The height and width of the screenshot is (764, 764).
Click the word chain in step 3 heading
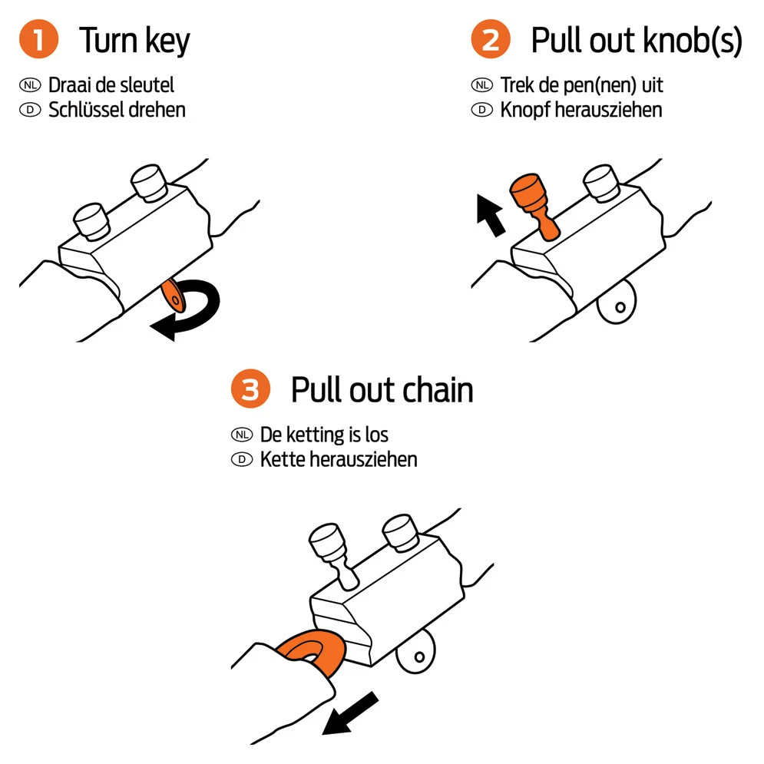pyautogui.click(x=435, y=391)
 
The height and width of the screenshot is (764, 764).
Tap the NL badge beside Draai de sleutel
pyautogui.click(x=31, y=84)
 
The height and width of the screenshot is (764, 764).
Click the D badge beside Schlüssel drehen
pyautogui.click(x=31, y=110)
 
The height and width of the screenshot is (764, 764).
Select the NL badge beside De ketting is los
pyautogui.click(x=242, y=435)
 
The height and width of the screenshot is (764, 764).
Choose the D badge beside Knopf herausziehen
pyautogui.click(x=482, y=110)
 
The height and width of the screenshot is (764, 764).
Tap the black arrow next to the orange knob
pyautogui.click(x=489, y=214)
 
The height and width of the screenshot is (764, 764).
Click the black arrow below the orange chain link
pyautogui.click(x=350, y=712)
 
